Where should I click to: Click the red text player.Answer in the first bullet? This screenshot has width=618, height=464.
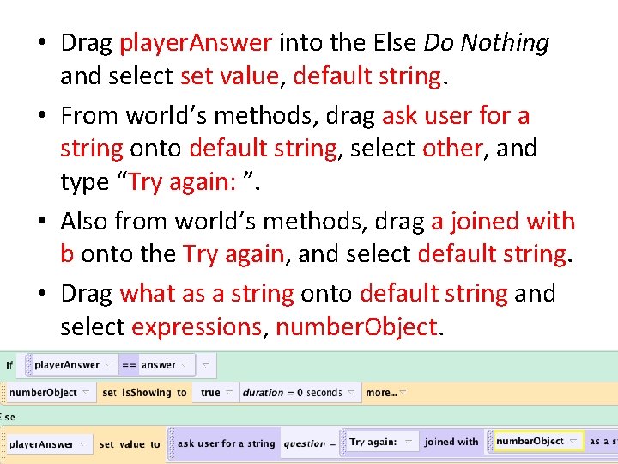click(196, 42)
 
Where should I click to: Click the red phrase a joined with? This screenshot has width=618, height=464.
click(503, 221)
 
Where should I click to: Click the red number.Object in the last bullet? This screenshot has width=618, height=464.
click(355, 327)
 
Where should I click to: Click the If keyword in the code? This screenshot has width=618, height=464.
click(9, 365)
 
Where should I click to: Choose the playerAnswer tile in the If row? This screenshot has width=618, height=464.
click(68, 365)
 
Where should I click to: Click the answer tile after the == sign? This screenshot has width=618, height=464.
click(159, 365)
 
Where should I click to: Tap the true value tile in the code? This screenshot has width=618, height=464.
click(210, 393)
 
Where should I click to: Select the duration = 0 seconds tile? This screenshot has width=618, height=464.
click(292, 393)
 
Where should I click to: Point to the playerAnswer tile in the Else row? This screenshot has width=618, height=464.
click(42, 444)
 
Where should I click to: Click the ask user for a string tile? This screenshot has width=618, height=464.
click(226, 443)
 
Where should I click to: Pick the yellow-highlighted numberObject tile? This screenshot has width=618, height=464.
click(530, 442)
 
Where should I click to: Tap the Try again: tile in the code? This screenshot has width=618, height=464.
click(374, 442)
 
